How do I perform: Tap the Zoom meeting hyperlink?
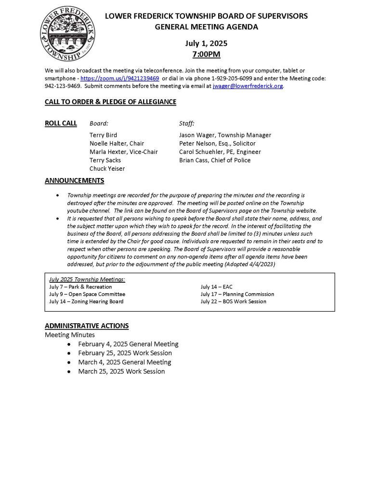click(x=119, y=78)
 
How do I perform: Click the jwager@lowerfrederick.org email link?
click(x=248, y=86)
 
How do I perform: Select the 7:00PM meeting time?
click(x=206, y=54)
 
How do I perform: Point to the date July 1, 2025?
click(x=206, y=43)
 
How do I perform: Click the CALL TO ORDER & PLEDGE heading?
click(x=110, y=102)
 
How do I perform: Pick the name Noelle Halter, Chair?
click(x=117, y=143)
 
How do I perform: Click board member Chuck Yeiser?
click(x=107, y=168)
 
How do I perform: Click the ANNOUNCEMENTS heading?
click(x=74, y=181)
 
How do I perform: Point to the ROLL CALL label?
click(x=61, y=123)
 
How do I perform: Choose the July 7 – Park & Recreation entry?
click(x=80, y=287)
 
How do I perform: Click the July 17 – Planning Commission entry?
click(x=237, y=294)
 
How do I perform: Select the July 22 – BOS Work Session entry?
click(x=233, y=302)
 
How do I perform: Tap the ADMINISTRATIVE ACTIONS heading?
click(x=87, y=326)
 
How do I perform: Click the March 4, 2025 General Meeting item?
click(x=124, y=362)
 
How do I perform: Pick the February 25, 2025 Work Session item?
click(x=125, y=353)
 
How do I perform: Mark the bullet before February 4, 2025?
click(x=70, y=344)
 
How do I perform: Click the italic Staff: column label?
click(x=187, y=123)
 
